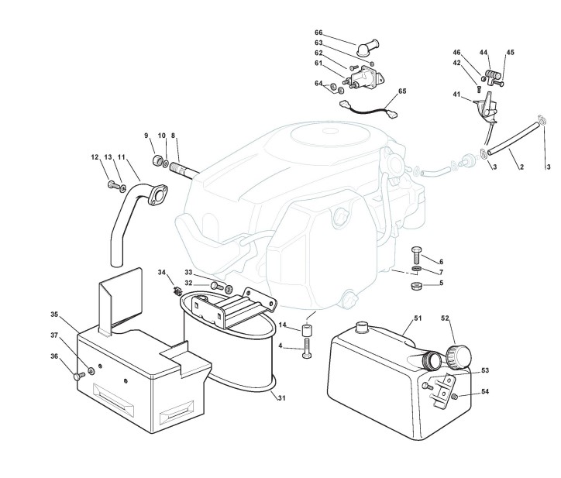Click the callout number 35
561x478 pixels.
tap(54, 315)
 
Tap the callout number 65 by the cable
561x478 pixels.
tap(401, 91)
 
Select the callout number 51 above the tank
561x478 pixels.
tap(396, 318)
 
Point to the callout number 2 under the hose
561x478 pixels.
tap(521, 167)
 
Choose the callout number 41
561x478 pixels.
tap(456, 95)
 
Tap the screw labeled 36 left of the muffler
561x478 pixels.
tap(77, 376)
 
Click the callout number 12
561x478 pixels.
tap(95, 158)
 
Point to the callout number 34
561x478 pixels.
tap(162, 272)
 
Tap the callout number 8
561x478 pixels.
tap(174, 136)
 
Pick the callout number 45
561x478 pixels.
tap(510, 53)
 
